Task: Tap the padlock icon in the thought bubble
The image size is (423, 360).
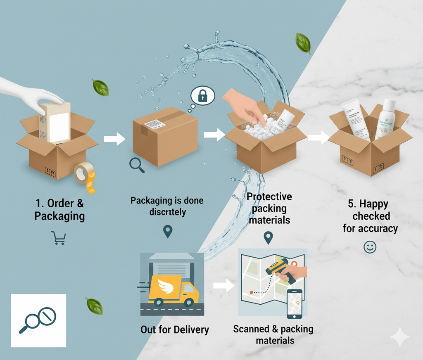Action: tap(202, 97)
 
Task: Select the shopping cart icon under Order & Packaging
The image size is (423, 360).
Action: tap(59, 238)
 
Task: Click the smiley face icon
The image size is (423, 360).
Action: tap(370, 247)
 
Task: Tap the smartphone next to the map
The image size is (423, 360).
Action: tap(294, 303)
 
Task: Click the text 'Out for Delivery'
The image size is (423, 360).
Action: tap(175, 329)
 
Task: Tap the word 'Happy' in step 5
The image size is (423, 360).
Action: tap(373, 204)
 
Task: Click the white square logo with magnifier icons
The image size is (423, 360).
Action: tap(38, 320)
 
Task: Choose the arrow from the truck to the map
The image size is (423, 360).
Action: tap(223, 286)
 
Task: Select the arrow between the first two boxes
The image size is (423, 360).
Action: tap(114, 139)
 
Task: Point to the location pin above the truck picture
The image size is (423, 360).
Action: tap(168, 231)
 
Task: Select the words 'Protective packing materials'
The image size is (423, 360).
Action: tap(269, 208)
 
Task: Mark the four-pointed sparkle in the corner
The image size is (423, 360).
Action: tap(400, 337)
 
